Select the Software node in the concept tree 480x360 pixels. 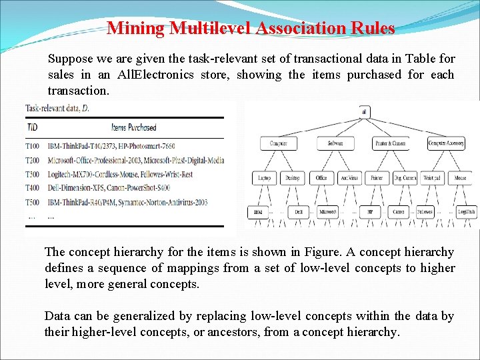click(335, 143)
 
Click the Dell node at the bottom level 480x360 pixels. click(297, 212)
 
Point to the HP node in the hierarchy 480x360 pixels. click(369, 212)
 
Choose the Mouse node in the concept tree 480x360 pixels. click(459, 178)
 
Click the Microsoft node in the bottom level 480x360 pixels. click(328, 212)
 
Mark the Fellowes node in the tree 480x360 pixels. click(425, 212)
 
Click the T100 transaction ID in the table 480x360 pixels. click(33, 145)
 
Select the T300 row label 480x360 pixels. click(33, 173)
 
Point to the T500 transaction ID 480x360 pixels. click(33, 202)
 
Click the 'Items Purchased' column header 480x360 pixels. click(133, 127)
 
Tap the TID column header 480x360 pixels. click(31, 127)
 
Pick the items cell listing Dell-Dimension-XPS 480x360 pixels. click(109, 188)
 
